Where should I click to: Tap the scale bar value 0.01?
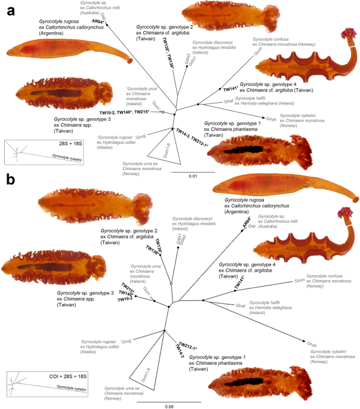click(x=193, y=177)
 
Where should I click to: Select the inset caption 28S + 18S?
click(x=31, y=145)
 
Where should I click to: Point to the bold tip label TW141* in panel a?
click(x=232, y=89)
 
